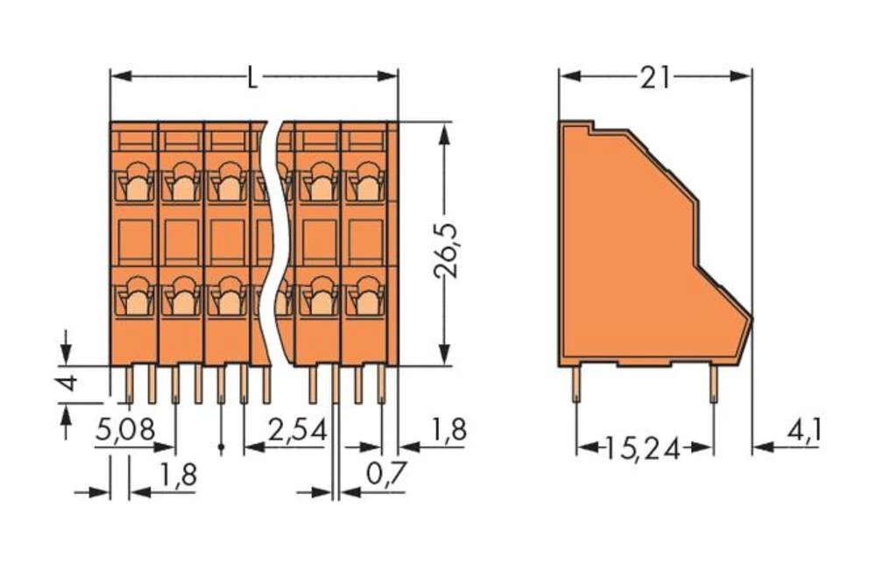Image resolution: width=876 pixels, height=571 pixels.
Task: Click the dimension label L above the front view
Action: coord(252,78)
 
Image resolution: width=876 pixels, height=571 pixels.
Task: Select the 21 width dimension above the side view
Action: coord(654,78)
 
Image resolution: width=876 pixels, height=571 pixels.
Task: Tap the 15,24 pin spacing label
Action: coord(646,448)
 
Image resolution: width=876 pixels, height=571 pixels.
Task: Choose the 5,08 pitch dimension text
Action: coord(124,430)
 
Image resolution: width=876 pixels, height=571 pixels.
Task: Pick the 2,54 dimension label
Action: coord(297,430)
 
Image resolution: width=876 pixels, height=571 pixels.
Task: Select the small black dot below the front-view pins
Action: coord(221,448)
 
